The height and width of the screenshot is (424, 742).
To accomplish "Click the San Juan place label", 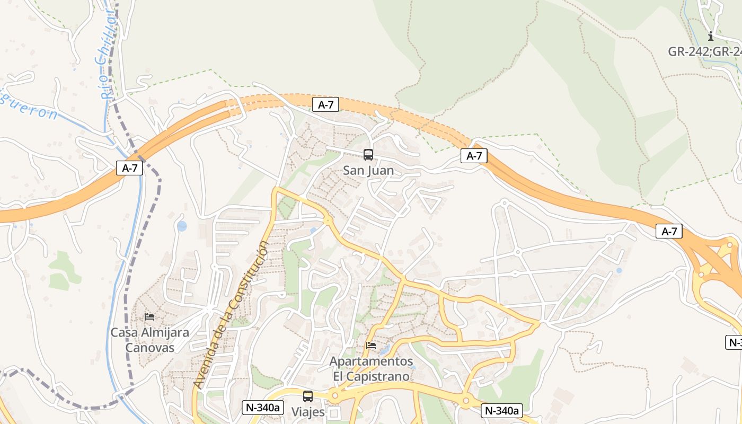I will tap(368, 171).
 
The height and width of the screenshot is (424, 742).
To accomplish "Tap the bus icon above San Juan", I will tap(368, 155).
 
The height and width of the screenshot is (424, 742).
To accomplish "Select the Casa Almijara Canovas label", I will tap(149, 340).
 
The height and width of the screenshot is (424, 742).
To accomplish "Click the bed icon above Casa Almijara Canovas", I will tap(149, 317).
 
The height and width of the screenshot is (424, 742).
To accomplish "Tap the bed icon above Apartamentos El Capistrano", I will tap(371, 346).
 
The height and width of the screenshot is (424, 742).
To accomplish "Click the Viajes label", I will tap(308, 412).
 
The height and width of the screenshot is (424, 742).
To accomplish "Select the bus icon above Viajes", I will tap(308, 396).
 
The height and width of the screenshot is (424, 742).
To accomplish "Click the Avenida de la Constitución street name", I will tap(231, 314).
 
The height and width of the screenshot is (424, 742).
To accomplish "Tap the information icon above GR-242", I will tap(711, 36).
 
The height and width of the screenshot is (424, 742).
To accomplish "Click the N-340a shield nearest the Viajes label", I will tap(263, 408).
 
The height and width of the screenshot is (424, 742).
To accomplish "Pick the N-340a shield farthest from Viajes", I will tap(502, 410).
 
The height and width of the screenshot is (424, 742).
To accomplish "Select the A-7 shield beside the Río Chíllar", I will tap(130, 169).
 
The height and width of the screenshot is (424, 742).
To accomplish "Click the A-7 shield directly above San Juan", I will tap(325, 104).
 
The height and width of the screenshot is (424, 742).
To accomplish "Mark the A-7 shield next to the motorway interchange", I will tap(669, 231).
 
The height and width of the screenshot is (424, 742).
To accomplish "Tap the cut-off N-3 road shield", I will tap(734, 342).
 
